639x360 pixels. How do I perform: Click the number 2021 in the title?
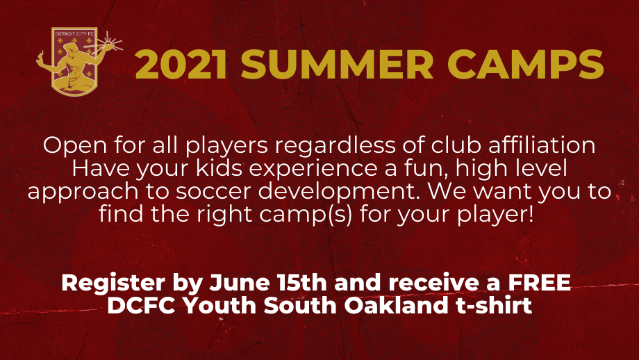[x=181, y=65]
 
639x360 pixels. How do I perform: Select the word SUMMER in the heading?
[x=337, y=65]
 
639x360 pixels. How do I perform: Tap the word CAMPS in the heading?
[x=525, y=65]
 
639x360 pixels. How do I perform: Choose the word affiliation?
[x=542, y=145]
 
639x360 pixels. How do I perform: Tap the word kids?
[x=219, y=168]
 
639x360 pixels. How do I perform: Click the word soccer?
[x=213, y=192]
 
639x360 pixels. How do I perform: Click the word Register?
[x=113, y=284]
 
